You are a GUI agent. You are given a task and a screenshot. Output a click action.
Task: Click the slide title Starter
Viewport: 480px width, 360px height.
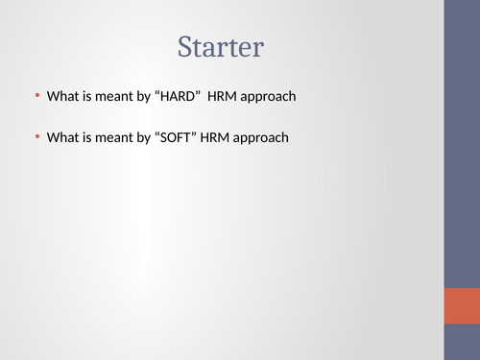pyautogui.click(x=221, y=46)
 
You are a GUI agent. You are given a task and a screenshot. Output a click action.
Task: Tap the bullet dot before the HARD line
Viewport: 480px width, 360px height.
pyautogui.click(x=37, y=95)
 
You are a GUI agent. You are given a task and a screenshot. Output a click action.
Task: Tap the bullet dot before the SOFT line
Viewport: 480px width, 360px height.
pyautogui.click(x=37, y=136)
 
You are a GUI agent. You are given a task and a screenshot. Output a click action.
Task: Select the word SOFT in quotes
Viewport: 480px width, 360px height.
pyautogui.click(x=178, y=137)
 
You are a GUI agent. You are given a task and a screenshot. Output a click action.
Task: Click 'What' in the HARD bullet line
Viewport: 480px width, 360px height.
pyautogui.click(x=63, y=96)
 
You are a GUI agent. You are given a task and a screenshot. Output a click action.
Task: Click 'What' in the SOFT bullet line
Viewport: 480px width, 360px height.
pyautogui.click(x=63, y=137)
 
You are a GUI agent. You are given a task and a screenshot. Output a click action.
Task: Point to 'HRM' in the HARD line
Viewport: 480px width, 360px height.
pyautogui.click(x=228, y=96)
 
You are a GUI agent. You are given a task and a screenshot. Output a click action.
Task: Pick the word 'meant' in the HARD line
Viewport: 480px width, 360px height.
pyautogui.click(x=117, y=96)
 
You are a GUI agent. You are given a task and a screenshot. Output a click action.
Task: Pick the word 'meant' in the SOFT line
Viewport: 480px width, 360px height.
pyautogui.click(x=117, y=137)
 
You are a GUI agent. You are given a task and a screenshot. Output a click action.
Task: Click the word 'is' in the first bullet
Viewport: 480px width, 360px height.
pyautogui.click(x=88, y=96)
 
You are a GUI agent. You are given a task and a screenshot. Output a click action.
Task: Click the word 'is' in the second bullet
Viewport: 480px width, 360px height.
pyautogui.click(x=88, y=137)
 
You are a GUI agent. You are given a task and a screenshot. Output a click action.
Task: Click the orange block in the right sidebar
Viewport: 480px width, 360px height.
pyautogui.click(x=462, y=305)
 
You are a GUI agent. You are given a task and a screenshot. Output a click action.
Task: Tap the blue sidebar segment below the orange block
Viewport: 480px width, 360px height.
pyautogui.click(x=462, y=342)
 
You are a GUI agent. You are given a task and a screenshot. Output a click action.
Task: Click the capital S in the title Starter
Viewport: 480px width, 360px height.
pyautogui.click(x=185, y=46)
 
